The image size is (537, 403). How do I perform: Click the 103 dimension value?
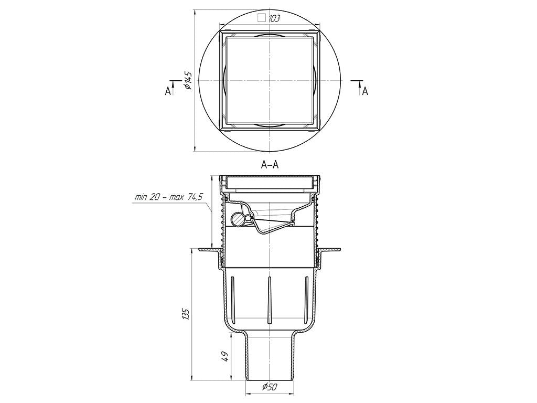tap(274, 18)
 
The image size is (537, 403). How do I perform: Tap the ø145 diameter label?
tap(187, 80)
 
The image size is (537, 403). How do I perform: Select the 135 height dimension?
tap(186, 314)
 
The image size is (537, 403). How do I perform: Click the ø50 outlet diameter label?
tap(270, 387)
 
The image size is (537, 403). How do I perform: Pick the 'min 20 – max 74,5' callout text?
tap(169, 197)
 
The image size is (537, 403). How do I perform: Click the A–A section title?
tap(270, 165)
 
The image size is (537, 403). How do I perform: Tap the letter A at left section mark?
tap(168, 91)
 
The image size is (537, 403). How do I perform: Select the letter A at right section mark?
tap(366, 91)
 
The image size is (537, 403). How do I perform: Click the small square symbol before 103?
tap(262, 18)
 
